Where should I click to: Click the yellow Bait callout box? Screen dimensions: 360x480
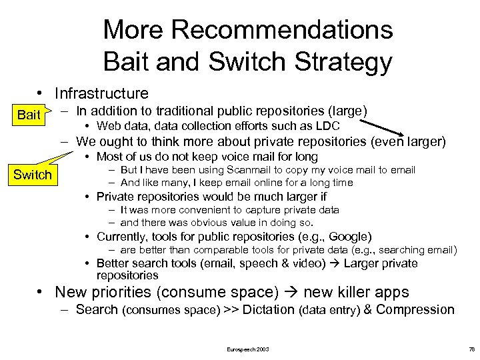click(29, 115)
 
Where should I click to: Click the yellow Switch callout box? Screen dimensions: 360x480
click(32, 175)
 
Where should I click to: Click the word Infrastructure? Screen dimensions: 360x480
click(101, 93)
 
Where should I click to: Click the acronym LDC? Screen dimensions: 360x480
click(327, 126)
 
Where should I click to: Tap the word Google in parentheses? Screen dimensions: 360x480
click(345, 236)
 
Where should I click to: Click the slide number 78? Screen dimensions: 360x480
click(471, 349)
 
